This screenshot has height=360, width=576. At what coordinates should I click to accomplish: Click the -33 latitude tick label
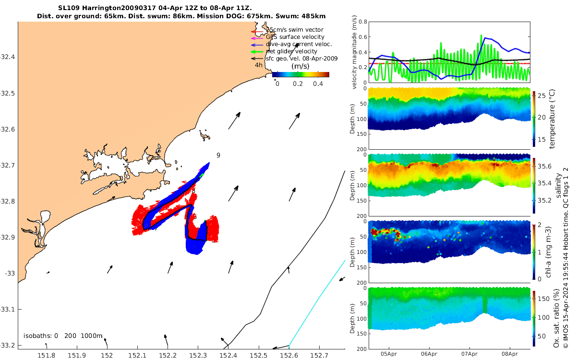click(9, 273)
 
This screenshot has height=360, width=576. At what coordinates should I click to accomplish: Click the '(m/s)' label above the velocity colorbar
click(300, 66)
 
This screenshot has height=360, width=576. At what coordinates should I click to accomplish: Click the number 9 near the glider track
click(218, 155)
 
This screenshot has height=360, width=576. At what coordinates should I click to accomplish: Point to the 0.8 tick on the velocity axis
click(363, 22)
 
